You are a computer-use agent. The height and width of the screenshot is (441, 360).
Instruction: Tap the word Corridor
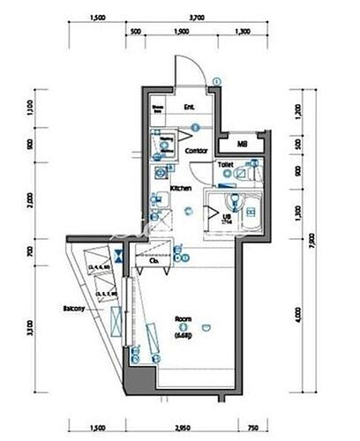tap(197, 151)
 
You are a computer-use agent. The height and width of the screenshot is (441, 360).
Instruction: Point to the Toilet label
tap(225, 165)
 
